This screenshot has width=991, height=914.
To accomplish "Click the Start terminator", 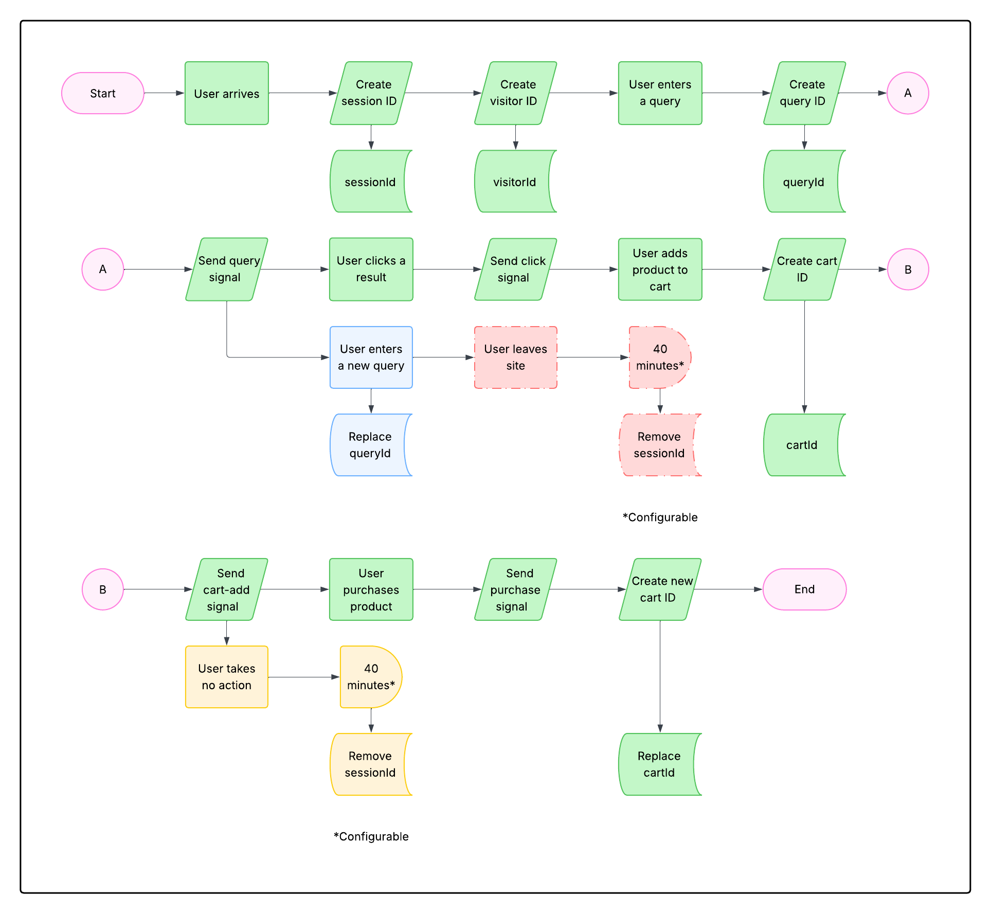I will (102, 93).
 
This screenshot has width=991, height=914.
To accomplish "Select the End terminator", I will (804, 589).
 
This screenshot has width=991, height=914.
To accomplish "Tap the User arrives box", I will (226, 93).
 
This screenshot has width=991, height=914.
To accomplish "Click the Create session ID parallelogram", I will (371, 93).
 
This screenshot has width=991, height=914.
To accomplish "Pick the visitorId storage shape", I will (514, 182).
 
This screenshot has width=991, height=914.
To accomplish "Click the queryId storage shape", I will (803, 182).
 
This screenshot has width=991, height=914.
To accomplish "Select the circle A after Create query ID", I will (908, 93).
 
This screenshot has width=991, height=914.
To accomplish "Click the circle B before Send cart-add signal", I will (102, 589).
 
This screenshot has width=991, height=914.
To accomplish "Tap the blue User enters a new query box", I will (371, 357).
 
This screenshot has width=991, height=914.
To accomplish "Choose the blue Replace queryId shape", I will (370, 445).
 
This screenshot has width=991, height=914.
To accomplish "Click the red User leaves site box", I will (515, 357).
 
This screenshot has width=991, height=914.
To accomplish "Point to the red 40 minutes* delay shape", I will (659, 357).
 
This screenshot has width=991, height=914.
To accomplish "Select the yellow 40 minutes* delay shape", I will (370, 677).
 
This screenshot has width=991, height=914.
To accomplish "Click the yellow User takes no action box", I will (226, 677).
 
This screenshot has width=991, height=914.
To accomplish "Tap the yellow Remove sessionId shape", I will (370, 764).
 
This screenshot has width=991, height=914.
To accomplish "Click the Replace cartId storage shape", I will (659, 764).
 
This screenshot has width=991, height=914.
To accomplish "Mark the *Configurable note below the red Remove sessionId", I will (660, 517).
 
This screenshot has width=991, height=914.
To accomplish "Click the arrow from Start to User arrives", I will (164, 93).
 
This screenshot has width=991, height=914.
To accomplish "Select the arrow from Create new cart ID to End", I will (728, 589).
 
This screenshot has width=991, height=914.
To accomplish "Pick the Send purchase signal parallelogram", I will (515, 589).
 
